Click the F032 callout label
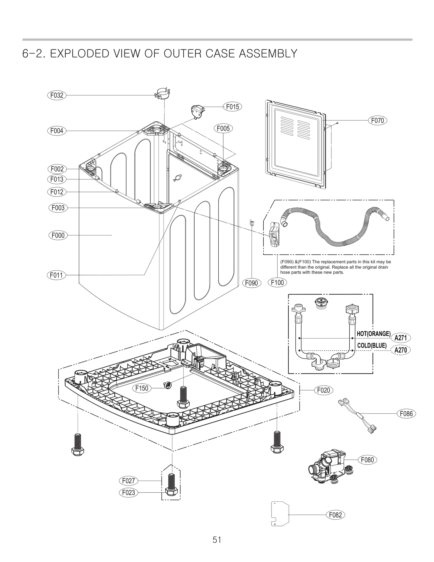point(57,95)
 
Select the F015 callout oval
point(232,107)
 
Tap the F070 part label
point(377,120)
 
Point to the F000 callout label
point(58,235)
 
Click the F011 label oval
point(56,275)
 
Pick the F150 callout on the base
point(142,388)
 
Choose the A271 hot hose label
point(400,338)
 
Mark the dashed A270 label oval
point(400,350)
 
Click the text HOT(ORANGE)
point(373,334)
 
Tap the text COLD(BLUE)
point(372,346)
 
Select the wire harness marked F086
point(357,415)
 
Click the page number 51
point(217,540)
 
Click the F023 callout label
point(128,492)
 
